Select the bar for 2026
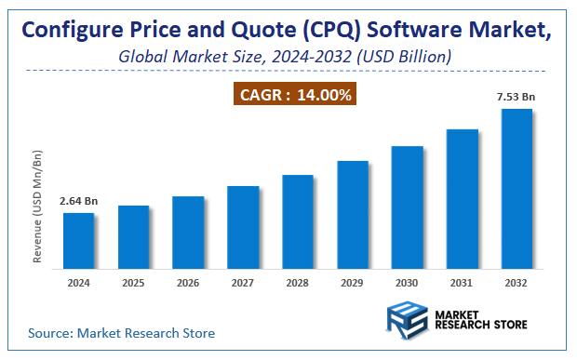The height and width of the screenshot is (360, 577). click(x=188, y=233)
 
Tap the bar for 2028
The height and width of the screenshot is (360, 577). click(x=297, y=222)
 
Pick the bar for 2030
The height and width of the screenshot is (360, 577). click(x=407, y=207)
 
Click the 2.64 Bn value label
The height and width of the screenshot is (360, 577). click(x=78, y=201)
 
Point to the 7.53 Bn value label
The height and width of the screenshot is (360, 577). click(x=516, y=96)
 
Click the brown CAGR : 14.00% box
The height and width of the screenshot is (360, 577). click(x=294, y=94)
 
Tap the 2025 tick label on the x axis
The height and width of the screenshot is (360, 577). click(x=133, y=283)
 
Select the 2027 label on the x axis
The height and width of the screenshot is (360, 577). click(x=243, y=283)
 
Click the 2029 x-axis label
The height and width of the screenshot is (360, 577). click(x=352, y=283)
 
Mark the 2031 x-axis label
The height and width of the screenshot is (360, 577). click(x=462, y=283)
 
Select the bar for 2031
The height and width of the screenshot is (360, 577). click(x=462, y=199)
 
